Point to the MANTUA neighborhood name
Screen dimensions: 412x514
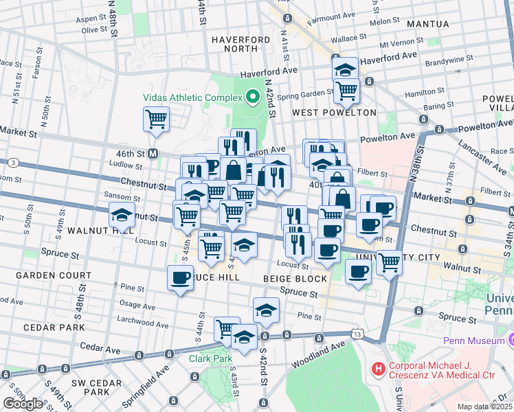(x=429, y=24)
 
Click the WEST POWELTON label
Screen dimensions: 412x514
(x=335, y=113)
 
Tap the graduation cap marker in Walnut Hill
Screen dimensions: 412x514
(x=122, y=216)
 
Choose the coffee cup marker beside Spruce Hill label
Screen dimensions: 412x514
(x=181, y=278)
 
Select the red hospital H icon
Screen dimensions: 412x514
(x=378, y=369)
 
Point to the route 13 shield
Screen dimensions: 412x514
(x=357, y=334)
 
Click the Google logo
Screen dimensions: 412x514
(x=22, y=403)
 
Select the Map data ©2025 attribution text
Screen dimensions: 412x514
(x=485, y=407)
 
